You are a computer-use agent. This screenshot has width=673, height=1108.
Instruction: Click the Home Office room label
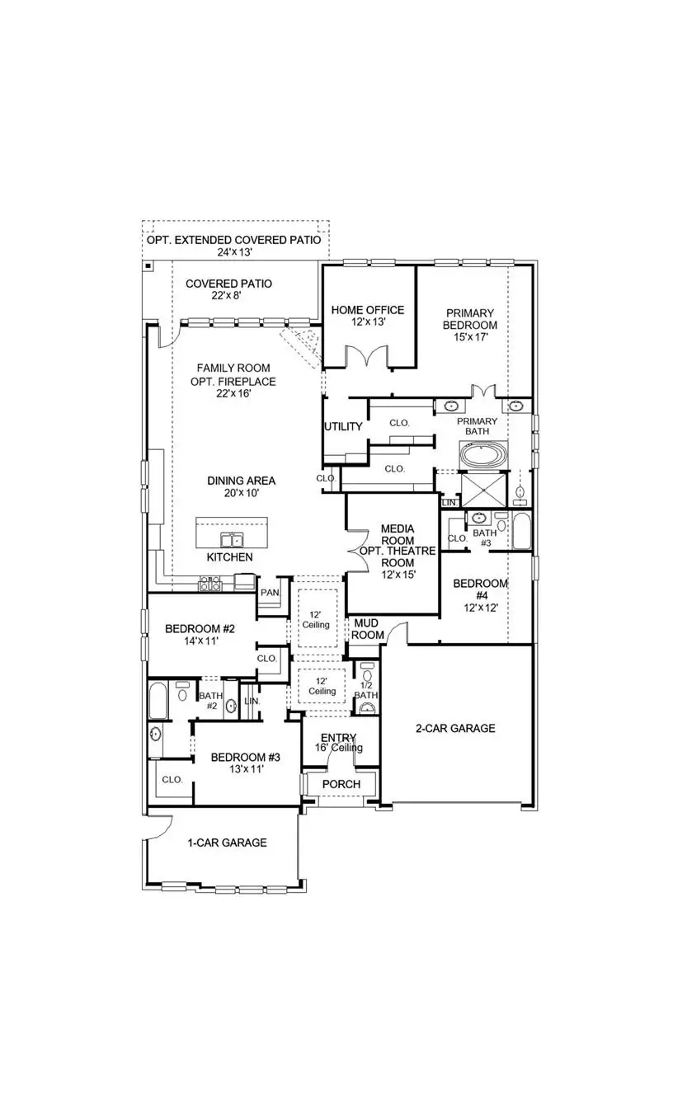(x=368, y=310)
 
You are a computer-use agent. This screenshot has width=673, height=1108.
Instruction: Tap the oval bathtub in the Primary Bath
(x=486, y=455)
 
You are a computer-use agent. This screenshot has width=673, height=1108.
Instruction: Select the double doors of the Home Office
(x=367, y=356)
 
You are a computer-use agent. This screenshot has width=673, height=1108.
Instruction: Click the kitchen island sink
(x=232, y=540)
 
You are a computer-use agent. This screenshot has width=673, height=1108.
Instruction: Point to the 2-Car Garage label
(x=454, y=728)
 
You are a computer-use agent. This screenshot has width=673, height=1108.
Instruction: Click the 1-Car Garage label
(x=226, y=843)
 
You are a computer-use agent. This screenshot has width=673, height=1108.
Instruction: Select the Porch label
(x=341, y=783)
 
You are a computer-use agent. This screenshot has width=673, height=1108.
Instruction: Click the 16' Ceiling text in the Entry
(x=338, y=748)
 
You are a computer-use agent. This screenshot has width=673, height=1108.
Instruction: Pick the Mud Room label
(x=368, y=630)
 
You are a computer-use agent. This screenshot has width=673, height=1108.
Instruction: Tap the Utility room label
(x=343, y=426)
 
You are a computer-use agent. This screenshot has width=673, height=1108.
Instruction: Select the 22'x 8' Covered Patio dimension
(x=228, y=297)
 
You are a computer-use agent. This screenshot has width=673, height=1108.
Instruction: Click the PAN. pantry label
(x=270, y=592)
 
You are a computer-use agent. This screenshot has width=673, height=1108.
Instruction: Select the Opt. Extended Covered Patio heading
(x=234, y=242)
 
